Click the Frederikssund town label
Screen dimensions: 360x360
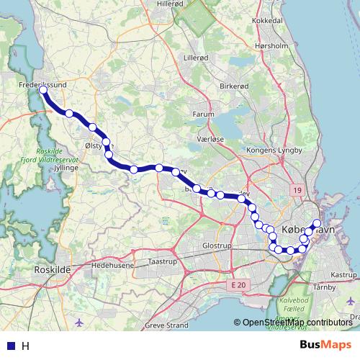[x=41, y=84]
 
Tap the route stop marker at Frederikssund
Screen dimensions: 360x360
[x=43, y=91]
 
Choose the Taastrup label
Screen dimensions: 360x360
[x=162, y=261]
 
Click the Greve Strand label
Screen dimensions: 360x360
[x=166, y=325]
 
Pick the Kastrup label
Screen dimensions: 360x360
[x=343, y=275]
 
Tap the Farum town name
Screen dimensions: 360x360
[x=204, y=114]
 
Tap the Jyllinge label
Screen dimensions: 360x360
[x=65, y=166]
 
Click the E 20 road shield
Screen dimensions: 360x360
[x=240, y=286]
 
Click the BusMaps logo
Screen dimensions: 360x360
[x=325, y=346]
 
